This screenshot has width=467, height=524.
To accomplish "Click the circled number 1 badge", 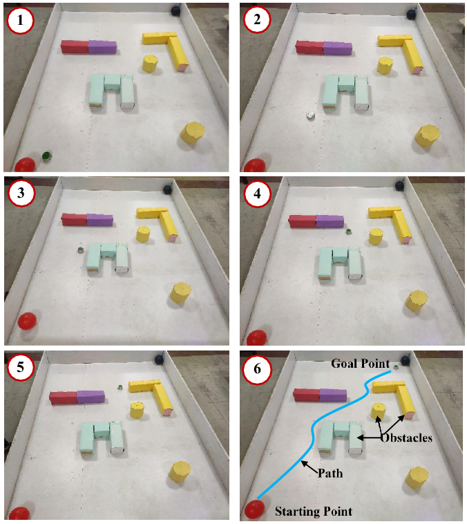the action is click(20, 20).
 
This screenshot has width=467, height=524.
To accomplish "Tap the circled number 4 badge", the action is click(257, 194).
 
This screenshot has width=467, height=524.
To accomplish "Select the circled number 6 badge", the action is click(257, 369).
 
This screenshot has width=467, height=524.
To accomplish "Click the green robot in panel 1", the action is click(46, 156).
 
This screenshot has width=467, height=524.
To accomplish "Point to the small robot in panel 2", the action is click(311, 115).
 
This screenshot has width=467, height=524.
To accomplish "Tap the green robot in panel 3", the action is click(80, 250).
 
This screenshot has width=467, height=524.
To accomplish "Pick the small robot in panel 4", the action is click(349, 232).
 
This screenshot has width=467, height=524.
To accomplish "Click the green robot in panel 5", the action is click(120, 387).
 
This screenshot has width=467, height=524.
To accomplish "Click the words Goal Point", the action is click(360, 364).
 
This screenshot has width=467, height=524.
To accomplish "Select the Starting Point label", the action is click(314, 512).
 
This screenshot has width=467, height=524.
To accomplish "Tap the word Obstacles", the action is click(406, 438).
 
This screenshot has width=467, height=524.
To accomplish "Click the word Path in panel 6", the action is click(330, 474).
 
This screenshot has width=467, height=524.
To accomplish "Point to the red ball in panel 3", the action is click(27, 321).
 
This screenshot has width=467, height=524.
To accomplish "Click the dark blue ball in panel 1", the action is click(175, 10).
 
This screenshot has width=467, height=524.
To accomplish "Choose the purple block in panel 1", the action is click(102, 47).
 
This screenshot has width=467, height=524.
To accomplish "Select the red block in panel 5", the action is click(64, 397).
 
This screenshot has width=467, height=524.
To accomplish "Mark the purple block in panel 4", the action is click(330, 221).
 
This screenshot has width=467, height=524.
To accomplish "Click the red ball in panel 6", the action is click(254, 509).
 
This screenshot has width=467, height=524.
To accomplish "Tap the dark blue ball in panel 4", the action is click(400, 185).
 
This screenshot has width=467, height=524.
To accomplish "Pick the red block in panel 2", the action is click(309, 48).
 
